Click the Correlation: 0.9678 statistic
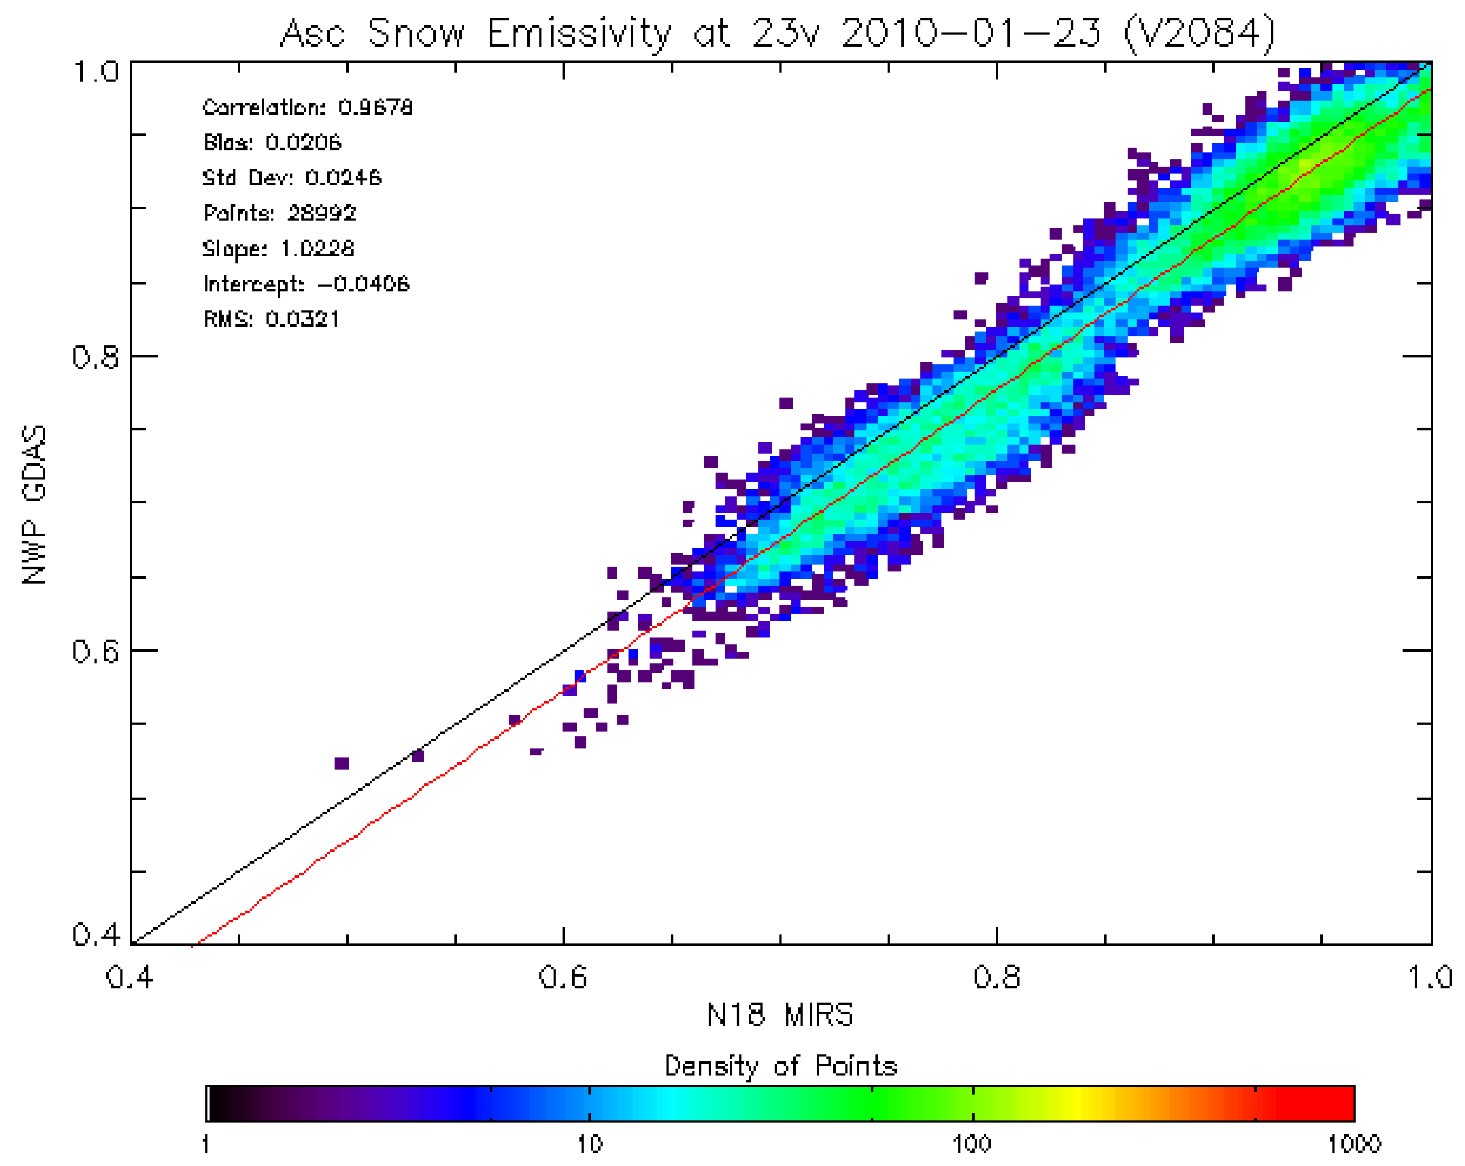coord(307,107)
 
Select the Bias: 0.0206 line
coord(272,143)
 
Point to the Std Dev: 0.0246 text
coord(291,178)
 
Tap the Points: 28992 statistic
coord(279,213)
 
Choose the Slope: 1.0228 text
coord(278,249)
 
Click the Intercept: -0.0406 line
coord(306,284)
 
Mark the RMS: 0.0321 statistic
coord(271,319)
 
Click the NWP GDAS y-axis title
coord(34,504)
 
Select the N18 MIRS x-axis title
coord(780,1015)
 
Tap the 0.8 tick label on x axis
coord(996,978)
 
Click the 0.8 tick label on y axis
coord(95,357)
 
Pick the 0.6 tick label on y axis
coord(95,652)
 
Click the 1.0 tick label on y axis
coord(95,72)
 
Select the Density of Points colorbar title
coord(780,1066)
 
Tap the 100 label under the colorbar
coord(972,1145)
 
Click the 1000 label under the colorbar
coord(1354,1145)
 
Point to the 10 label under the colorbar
coord(589,1145)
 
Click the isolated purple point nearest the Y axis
coord(341,763)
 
